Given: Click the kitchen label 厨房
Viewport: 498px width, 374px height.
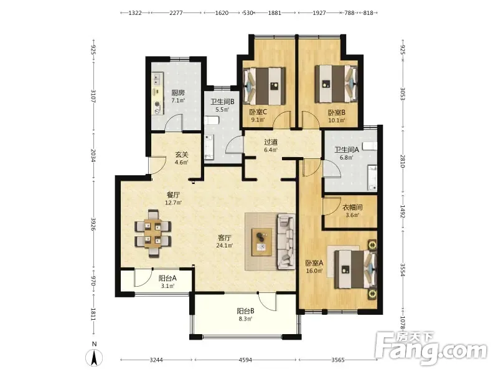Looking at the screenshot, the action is tap(178, 93).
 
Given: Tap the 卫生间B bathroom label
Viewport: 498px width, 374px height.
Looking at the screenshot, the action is tap(222, 102).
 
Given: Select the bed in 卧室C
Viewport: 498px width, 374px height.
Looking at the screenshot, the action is tap(264, 86).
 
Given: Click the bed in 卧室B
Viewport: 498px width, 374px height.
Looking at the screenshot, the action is tap(336, 84).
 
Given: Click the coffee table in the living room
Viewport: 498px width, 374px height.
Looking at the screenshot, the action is tap(261, 242).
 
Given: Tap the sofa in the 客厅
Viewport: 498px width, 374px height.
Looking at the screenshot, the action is tap(286, 241).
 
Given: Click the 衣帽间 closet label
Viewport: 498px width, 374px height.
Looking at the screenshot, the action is tap(352, 208).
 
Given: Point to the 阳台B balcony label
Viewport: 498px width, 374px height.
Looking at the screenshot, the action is tap(245, 311).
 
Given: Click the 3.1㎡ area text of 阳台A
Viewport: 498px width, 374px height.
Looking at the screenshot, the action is tap(167, 286).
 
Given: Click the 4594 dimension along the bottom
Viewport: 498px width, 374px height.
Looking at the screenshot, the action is tap(245, 360).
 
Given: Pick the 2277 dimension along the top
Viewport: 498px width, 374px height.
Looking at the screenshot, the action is tap(176, 12).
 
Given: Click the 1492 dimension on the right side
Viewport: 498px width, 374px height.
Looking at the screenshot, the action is tap(402, 211).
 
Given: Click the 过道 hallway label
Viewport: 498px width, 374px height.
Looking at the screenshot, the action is tap(271, 142).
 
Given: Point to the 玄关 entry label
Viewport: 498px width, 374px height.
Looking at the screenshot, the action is tap(182, 155).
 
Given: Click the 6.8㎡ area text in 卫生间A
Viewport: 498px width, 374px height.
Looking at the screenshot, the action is tap(347, 158).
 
